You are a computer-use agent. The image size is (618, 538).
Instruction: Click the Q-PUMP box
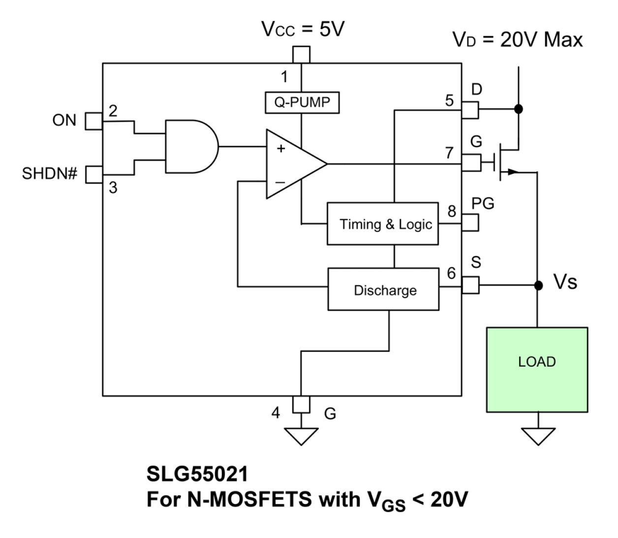302,103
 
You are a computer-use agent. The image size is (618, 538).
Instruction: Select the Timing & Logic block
383,224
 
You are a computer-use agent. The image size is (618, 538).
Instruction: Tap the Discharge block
383,289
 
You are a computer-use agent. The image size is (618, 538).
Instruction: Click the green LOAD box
537,369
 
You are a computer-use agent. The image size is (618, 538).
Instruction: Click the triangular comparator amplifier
293,164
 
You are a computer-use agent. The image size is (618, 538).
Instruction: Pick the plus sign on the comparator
281,148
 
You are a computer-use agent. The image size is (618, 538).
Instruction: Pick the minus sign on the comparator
280,183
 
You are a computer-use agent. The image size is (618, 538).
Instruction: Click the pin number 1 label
284,77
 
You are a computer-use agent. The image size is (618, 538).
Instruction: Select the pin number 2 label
113,111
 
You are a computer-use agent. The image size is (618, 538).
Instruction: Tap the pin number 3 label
113,188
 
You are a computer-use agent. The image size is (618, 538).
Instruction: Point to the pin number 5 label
449,100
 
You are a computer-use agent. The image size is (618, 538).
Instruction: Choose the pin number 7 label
449,153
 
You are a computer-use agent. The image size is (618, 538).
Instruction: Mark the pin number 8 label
451,211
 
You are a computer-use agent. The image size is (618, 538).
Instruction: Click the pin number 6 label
451,273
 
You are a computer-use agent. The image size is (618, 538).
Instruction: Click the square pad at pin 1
301,55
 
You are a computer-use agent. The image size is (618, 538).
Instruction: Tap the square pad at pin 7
471,162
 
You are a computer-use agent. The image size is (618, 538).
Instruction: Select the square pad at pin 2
94,121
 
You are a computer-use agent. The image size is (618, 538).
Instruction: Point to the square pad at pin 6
470,285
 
